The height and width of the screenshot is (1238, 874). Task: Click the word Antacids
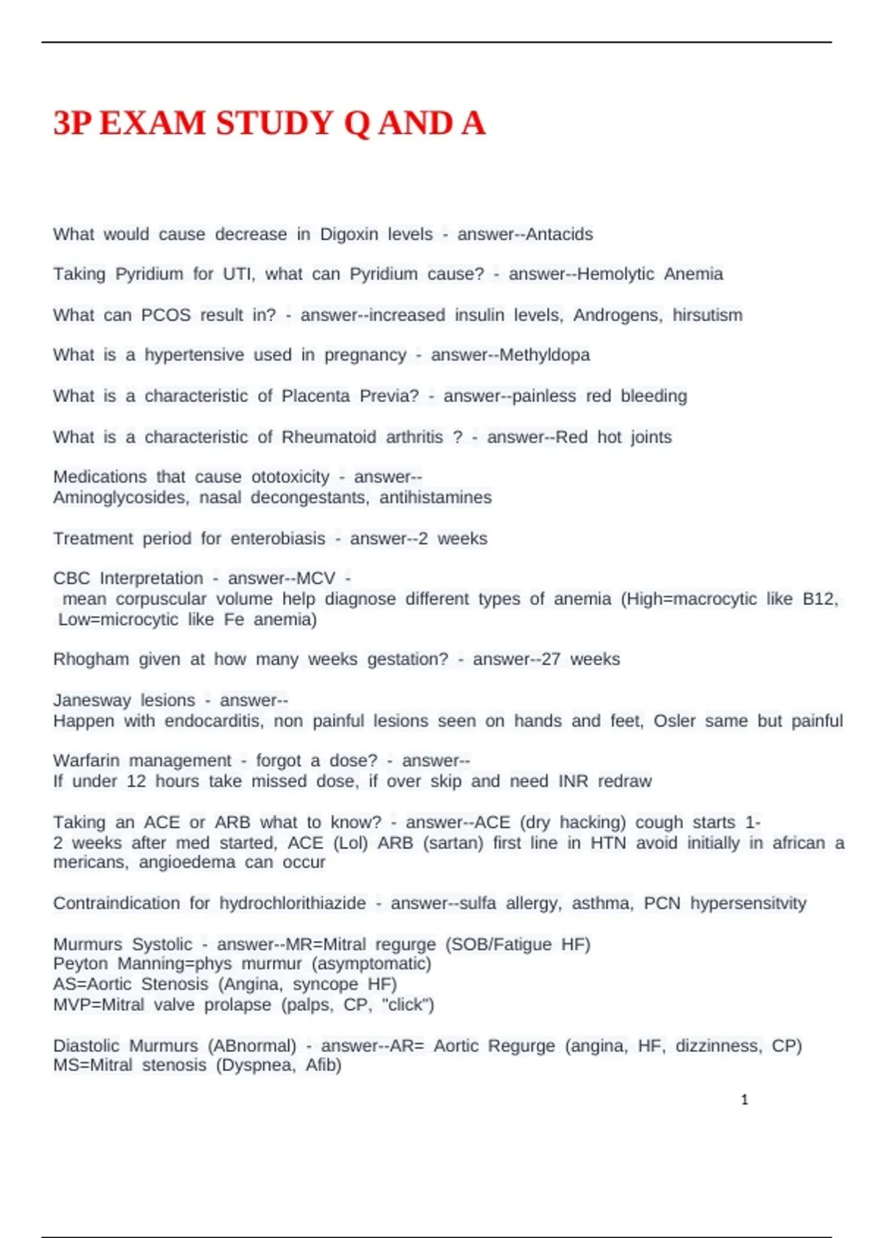[559, 234]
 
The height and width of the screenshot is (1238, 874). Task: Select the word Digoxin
[349, 234]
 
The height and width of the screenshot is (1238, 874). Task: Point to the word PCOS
[166, 315]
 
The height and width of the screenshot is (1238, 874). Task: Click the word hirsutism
[707, 315]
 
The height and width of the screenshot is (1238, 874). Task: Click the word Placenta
[315, 396]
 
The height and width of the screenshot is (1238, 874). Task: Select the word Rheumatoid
[328, 437]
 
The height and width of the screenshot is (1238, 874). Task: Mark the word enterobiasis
[278, 539]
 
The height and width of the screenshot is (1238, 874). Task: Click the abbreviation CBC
[71, 578]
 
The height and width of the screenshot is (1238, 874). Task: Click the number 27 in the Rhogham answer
[551, 660]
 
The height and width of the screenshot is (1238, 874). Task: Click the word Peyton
[80, 964]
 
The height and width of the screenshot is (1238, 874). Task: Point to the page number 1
[744, 1100]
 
